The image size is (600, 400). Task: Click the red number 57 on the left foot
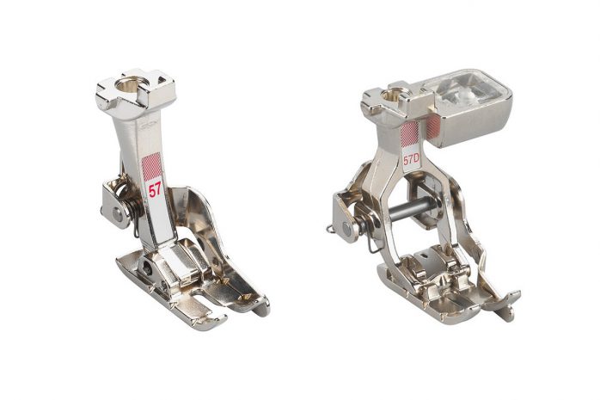(x=155, y=190)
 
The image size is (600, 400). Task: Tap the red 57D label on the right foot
(x=411, y=160)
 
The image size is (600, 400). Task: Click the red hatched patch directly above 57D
(x=409, y=134)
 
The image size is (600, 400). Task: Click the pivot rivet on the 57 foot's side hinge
(x=116, y=214)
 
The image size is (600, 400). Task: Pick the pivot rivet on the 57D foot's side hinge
(x=346, y=228)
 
